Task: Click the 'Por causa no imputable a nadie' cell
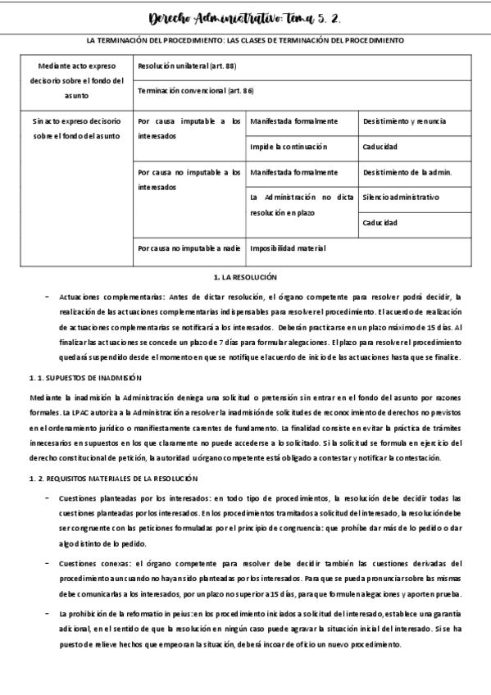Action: (x=189, y=248)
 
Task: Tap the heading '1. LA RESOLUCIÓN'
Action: (x=245, y=279)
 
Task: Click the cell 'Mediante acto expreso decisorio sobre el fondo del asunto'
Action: (x=75, y=79)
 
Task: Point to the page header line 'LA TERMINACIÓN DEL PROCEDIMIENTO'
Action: (x=245, y=40)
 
